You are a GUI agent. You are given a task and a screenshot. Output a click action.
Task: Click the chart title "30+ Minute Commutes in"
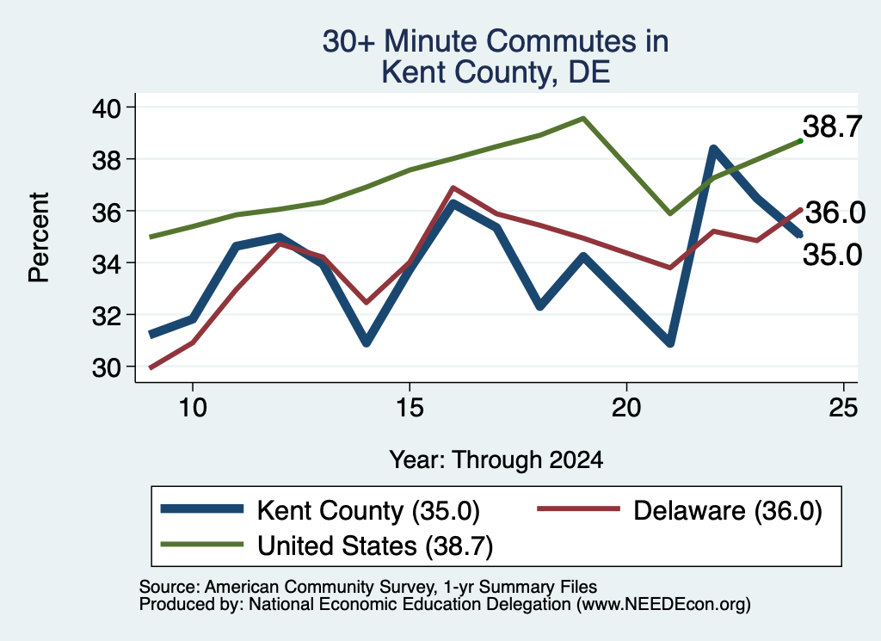click(496, 41)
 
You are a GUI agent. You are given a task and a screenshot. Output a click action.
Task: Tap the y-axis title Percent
click(39, 237)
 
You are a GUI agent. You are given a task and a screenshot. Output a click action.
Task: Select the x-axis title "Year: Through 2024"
click(496, 459)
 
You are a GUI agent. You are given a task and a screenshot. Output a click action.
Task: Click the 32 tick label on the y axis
click(107, 315)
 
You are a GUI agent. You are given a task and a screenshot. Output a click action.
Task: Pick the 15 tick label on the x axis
click(410, 407)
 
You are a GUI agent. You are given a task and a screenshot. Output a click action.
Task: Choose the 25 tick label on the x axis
click(843, 407)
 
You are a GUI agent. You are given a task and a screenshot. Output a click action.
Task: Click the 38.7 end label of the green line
click(832, 126)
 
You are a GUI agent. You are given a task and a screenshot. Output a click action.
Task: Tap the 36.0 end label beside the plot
click(835, 213)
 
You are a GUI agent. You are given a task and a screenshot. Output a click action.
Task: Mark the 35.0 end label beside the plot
click(832, 255)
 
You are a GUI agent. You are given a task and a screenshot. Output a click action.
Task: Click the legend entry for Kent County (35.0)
click(320, 511)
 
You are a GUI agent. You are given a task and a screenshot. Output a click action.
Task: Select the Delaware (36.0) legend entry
click(680, 511)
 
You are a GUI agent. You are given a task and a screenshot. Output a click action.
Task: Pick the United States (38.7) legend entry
click(327, 545)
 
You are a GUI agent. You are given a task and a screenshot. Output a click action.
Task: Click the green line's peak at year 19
click(583, 119)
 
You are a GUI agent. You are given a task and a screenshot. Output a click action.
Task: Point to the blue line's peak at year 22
click(713, 149)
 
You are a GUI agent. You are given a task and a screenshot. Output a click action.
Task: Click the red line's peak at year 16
click(453, 188)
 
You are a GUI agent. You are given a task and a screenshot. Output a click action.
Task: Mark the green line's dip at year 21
click(670, 213)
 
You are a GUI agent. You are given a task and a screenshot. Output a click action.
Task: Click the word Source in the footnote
click(169, 587)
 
